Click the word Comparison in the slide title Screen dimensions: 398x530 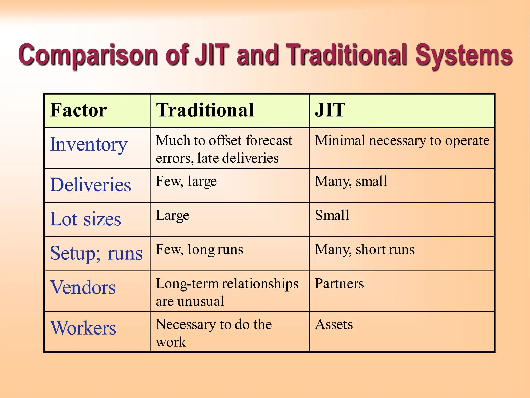pyautogui.click(x=88, y=55)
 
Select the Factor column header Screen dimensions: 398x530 pyautogui.click(x=78, y=110)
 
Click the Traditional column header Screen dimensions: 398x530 pyautogui.click(x=205, y=110)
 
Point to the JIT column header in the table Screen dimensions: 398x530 pyautogui.click(x=330, y=110)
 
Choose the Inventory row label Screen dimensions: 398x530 pyautogui.click(x=89, y=145)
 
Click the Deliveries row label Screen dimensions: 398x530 pyautogui.click(x=91, y=185)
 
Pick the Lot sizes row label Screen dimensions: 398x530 pyautogui.click(x=85, y=219)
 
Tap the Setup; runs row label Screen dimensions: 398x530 pyautogui.click(x=96, y=253)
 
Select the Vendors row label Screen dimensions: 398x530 pyautogui.click(x=83, y=287)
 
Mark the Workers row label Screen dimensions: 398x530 pyautogui.click(x=83, y=328)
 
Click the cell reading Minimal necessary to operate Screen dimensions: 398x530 pyautogui.click(x=402, y=141)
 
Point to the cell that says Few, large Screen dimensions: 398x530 pyautogui.click(x=186, y=181)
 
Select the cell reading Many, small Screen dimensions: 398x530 pyautogui.click(x=351, y=181)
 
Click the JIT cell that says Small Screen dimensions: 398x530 pyautogui.click(x=332, y=215)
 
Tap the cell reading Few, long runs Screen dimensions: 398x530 pyautogui.click(x=200, y=250)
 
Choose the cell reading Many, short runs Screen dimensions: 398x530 pyautogui.click(x=365, y=250)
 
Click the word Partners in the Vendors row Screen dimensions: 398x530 pyautogui.click(x=339, y=284)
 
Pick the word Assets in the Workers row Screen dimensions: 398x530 pyautogui.click(x=334, y=324)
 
